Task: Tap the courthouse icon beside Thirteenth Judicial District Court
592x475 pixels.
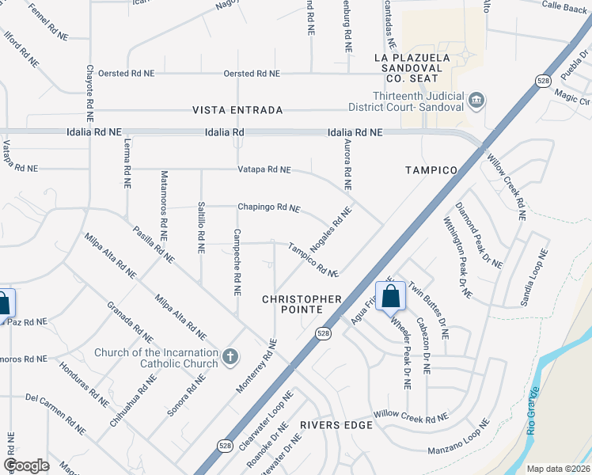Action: [477, 100]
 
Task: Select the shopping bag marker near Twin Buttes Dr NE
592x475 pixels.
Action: [390, 298]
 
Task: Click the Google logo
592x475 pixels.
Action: [26, 465]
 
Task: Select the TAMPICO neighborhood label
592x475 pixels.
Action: [431, 170]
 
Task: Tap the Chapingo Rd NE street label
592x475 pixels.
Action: [269, 207]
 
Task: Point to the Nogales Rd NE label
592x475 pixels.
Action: [330, 230]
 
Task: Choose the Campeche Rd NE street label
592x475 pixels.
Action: [237, 262]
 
